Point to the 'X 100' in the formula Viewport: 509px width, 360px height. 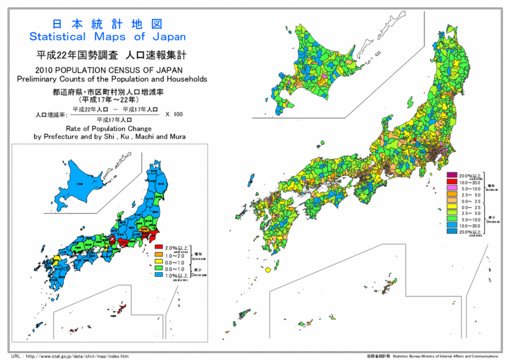click(174, 114)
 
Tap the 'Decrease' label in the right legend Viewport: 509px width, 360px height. click(492, 222)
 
